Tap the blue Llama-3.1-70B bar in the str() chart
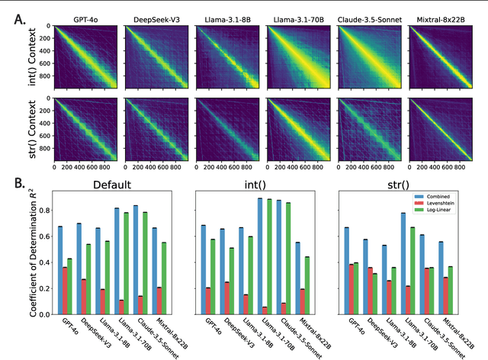[424, 263]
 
